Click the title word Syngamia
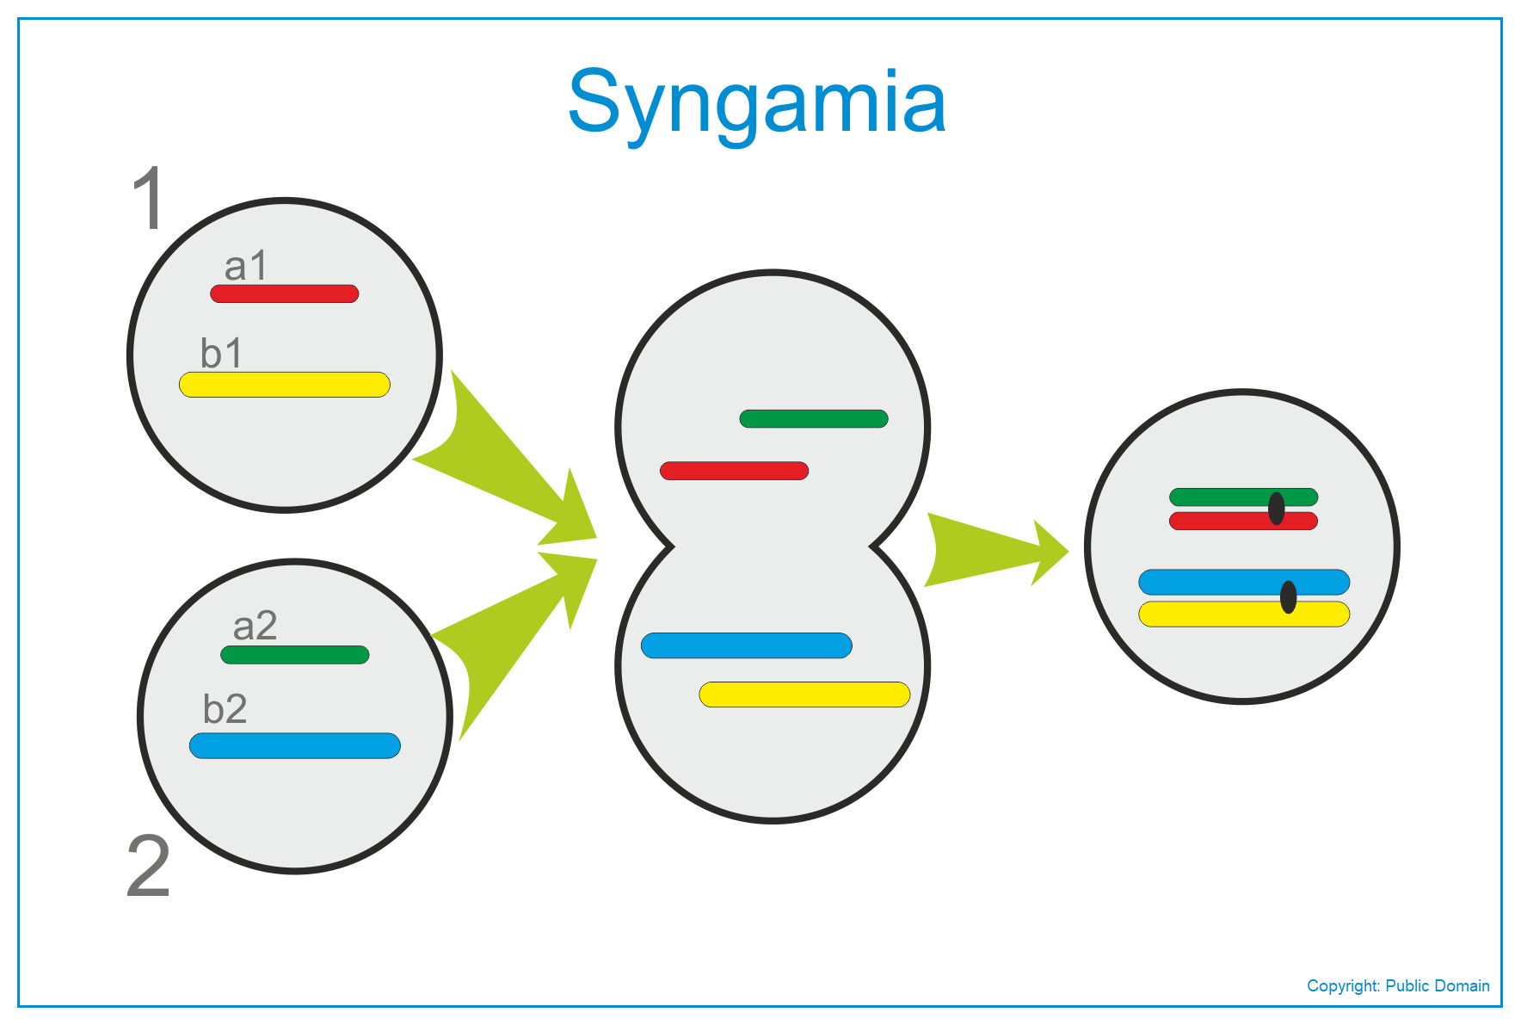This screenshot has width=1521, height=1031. [757, 103]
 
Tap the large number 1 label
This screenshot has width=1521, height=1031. [150, 198]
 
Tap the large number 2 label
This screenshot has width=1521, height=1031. [148, 866]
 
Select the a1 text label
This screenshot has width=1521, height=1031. [246, 266]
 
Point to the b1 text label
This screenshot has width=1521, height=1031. [222, 353]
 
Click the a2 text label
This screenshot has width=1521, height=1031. [255, 626]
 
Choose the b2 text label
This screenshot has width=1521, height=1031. [225, 709]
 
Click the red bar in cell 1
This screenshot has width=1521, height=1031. [285, 293]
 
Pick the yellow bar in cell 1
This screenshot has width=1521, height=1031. [285, 385]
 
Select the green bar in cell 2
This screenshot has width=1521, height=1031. [295, 655]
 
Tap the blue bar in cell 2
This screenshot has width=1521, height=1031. [295, 745]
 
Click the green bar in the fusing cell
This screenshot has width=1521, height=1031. [814, 419]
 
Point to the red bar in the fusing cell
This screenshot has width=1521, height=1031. [734, 471]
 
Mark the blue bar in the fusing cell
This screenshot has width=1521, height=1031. [747, 645]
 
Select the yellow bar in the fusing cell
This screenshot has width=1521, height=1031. [804, 695]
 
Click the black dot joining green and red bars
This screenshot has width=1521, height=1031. [1277, 509]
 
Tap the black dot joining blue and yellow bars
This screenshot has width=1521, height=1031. [1288, 597]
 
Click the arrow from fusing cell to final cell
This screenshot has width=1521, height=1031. [996, 551]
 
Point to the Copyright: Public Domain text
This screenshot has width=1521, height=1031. [1398, 986]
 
